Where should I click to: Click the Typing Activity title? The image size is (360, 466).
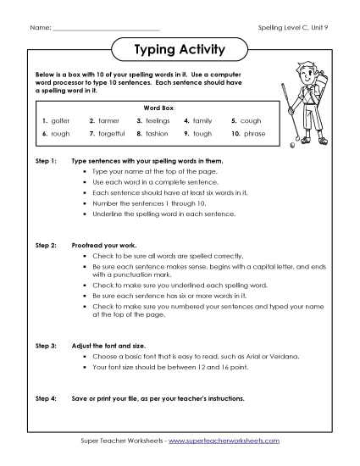pyautogui.click(x=180, y=50)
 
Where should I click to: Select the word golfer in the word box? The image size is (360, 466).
pyautogui.click(x=61, y=121)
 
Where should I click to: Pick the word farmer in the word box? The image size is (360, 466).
pyautogui.click(x=108, y=121)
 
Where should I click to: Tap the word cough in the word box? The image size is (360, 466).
pyautogui.click(x=251, y=121)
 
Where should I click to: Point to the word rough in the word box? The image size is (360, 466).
pyautogui.click(x=61, y=134)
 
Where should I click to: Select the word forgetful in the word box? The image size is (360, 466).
pyautogui.click(x=112, y=134)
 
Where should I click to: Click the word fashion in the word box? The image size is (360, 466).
pyautogui.click(x=157, y=134)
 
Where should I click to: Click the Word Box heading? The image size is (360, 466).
pyautogui.click(x=158, y=108)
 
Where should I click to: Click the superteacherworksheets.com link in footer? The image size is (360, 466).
pyautogui.click(x=223, y=441)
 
